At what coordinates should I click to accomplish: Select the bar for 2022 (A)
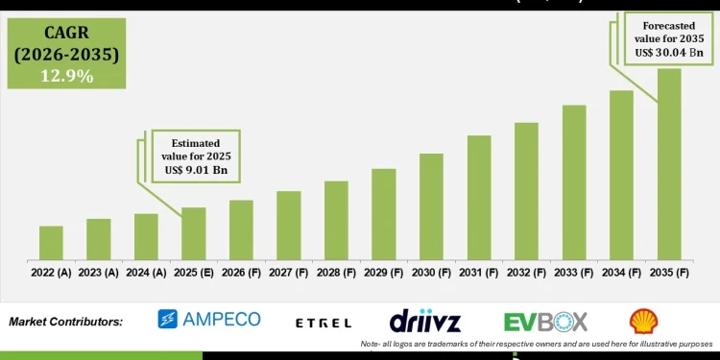51,243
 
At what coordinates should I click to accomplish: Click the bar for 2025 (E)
194,233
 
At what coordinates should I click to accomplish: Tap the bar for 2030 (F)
431,206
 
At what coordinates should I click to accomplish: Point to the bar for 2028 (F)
336,220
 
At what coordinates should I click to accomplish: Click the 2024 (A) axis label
146,274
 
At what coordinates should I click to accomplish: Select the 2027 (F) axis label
289,274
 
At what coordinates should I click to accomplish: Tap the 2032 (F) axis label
526,274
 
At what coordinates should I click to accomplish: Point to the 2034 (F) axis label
621,274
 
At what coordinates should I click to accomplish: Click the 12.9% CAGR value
66,76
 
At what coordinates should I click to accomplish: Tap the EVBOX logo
545,321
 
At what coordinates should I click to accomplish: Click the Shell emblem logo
643,321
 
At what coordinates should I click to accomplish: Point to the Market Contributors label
65,322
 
